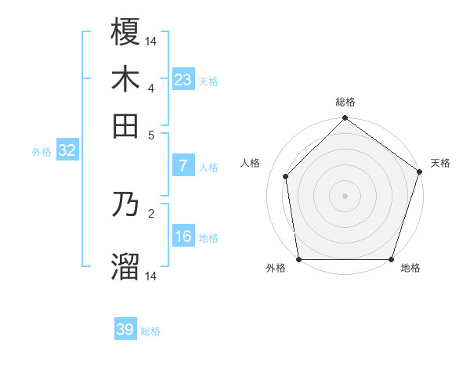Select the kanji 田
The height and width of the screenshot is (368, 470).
[125, 125]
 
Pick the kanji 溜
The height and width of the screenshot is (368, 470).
[125, 266]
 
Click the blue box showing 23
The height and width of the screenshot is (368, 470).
[183, 79]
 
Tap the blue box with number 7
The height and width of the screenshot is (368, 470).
[183, 166]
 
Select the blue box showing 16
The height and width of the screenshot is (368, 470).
[183, 236]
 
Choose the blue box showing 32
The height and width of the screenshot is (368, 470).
[67, 151]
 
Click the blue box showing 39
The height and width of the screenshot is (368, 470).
[125, 330]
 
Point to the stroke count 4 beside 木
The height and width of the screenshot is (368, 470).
[151, 87]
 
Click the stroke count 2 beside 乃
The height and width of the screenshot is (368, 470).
[151, 212]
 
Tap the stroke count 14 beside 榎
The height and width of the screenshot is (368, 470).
[151, 41]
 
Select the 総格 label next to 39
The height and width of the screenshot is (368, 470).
[151, 331]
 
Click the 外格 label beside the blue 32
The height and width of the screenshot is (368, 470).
[41, 152]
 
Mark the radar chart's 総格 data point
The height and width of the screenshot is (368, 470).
[345, 119]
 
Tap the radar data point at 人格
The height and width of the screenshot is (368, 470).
[286, 176]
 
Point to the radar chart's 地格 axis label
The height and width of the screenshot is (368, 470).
[410, 269]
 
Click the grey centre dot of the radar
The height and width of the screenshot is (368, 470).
[345, 195]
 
